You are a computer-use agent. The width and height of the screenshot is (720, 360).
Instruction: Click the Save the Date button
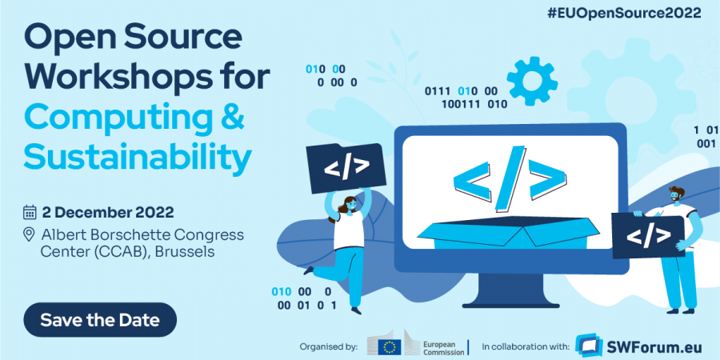coord(100,320)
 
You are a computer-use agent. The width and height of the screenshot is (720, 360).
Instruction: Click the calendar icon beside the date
coord(30,212)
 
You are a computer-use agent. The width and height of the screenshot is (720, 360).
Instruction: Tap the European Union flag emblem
coord(390,346)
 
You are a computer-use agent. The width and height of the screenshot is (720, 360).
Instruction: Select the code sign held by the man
coord(648,234)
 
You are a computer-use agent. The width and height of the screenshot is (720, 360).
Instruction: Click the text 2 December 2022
coord(108,212)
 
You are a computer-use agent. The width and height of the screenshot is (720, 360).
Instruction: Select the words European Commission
coord(444,346)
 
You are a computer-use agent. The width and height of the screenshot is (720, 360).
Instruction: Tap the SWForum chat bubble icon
coord(590,345)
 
